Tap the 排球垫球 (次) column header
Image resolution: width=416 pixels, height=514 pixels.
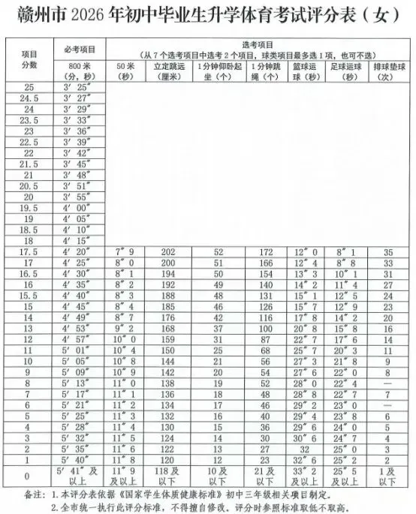click(387, 72)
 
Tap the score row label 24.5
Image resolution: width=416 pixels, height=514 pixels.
click(30, 99)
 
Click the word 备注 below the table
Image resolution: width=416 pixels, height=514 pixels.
click(30, 494)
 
